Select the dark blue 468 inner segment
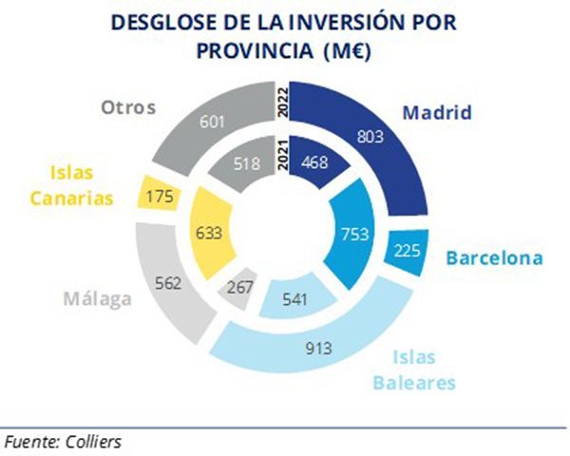coord(316,162)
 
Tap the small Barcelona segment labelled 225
coord(408,252)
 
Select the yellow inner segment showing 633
coord(211,233)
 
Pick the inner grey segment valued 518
coord(247,163)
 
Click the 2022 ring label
coord(282,103)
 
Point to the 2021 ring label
coord(282,155)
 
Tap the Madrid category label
coord(437,112)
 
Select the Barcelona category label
coord(494,257)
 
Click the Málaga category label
coord(98,298)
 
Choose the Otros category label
coord(128,107)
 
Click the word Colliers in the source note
coord(93,442)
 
